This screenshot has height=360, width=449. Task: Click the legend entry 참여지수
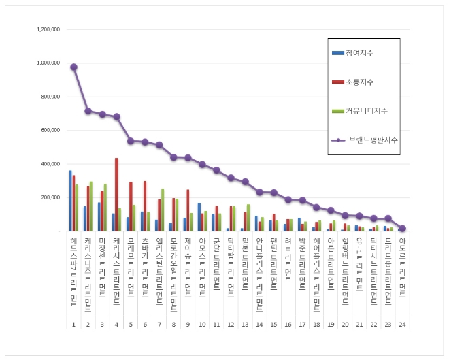[x=359, y=53]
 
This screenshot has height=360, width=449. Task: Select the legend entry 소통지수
[x=359, y=82]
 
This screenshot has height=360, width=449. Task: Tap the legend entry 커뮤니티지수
[x=363, y=110]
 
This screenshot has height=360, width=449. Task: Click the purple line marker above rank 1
[x=73, y=67]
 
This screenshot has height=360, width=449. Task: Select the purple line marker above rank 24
[x=402, y=229]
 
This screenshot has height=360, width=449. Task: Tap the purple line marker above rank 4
[x=116, y=116]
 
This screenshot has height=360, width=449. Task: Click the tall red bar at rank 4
[x=116, y=195]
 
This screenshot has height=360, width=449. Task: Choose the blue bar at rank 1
[x=70, y=201]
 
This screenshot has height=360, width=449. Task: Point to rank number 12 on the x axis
[x=231, y=325]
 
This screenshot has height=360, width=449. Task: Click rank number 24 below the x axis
[x=402, y=325]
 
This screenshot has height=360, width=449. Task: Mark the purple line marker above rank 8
[x=173, y=157]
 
